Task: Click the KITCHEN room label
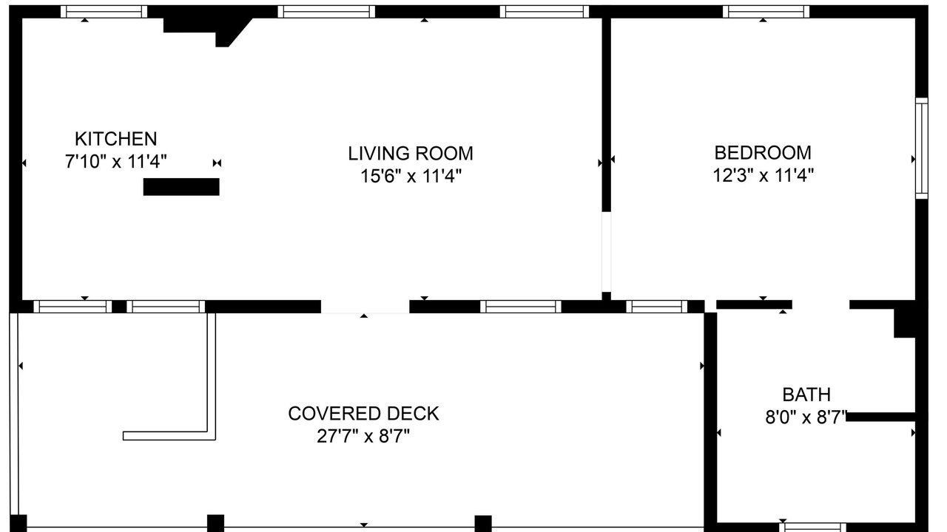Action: [116, 139]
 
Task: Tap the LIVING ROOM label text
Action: [411, 153]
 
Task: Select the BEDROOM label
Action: [763, 153]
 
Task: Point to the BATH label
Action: [806, 395]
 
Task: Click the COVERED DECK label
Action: [363, 414]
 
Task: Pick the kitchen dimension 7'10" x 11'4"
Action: [116, 161]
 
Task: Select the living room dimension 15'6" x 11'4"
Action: [411, 176]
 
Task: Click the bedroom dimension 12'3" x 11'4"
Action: [763, 175]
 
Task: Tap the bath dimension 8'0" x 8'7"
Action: [806, 417]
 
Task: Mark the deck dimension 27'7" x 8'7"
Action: [363, 436]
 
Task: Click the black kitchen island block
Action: [181, 187]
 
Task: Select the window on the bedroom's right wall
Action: [922, 148]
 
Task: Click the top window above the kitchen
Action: [104, 11]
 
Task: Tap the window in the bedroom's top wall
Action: [766, 11]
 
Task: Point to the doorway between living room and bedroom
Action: [606, 252]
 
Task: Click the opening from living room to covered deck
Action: [365, 307]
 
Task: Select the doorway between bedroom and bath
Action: [820, 305]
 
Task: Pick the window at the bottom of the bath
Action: [813, 528]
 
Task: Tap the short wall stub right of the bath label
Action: [880, 417]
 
